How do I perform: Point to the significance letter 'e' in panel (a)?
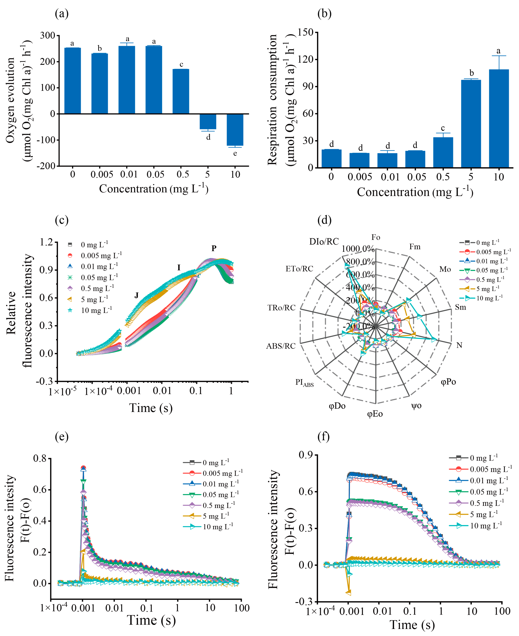[x=235, y=153]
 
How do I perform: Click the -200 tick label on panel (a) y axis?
[x=46, y=166]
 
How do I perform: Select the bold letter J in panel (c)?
[x=136, y=295]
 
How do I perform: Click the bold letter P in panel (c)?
[x=214, y=248]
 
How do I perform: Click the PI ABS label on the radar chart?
[x=304, y=382]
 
